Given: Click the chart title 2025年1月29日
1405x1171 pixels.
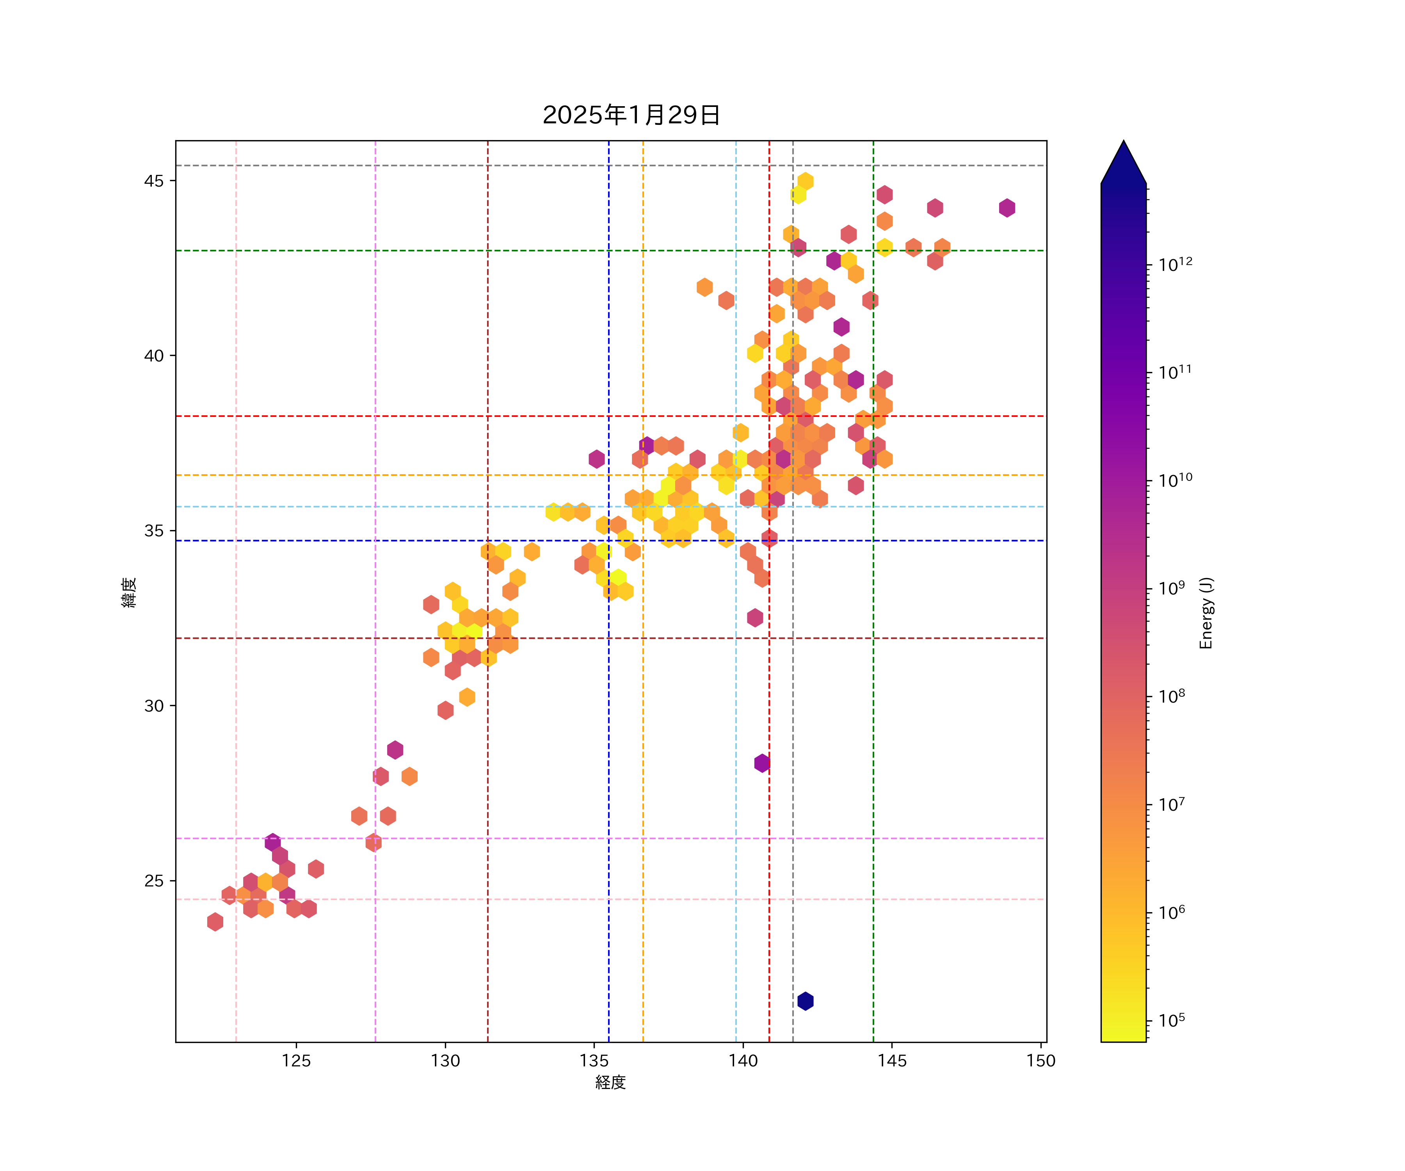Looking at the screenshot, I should (x=631, y=115).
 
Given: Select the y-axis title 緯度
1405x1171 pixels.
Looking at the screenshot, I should (x=128, y=592).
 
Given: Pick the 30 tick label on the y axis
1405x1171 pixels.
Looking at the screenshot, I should (x=154, y=706).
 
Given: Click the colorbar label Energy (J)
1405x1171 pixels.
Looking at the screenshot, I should (x=1206, y=613).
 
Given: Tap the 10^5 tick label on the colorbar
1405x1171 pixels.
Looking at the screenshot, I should (x=1172, y=1020).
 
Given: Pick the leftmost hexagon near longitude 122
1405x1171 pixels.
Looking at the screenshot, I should (x=215, y=922).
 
